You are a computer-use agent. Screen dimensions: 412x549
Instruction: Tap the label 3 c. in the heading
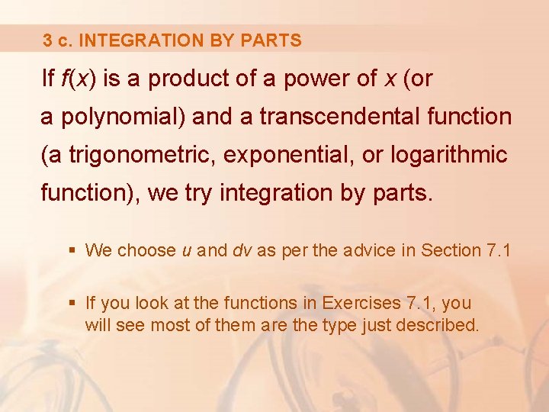point(58,40)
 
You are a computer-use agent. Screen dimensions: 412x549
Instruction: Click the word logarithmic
point(449,155)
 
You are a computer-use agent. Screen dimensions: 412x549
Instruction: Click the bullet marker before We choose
point(72,250)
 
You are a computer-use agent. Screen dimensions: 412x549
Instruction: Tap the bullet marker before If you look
point(72,304)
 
